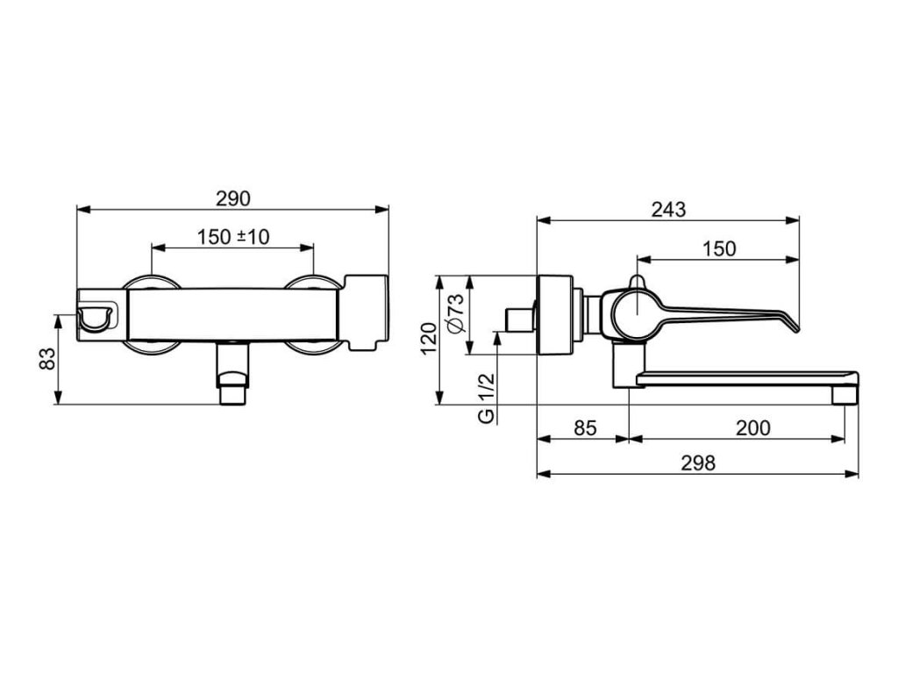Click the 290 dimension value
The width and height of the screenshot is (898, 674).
[232, 198]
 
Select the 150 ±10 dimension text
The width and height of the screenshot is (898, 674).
[232, 237]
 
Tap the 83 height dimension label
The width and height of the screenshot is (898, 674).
[48, 359]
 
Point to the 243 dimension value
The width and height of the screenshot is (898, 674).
[668, 210]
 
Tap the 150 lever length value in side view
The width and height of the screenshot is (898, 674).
[719, 248]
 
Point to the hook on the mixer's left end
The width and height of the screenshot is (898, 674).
[95, 318]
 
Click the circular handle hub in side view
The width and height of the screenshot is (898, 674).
[632, 312]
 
